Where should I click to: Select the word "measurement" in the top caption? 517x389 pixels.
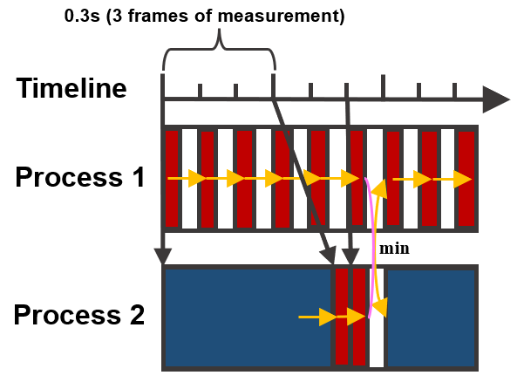pyautogui.click(x=295, y=16)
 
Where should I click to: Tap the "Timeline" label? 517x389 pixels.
pyautogui.click(x=72, y=89)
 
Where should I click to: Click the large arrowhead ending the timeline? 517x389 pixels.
pyautogui.click(x=495, y=99)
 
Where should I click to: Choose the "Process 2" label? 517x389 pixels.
pyautogui.click(x=80, y=315)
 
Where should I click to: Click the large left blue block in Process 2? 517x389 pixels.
pyautogui.click(x=248, y=317)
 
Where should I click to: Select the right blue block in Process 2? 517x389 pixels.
pyautogui.click(x=432, y=317)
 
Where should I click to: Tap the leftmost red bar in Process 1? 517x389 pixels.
pyautogui.click(x=172, y=178)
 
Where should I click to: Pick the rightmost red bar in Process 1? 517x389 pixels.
pyautogui.click(x=466, y=178)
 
